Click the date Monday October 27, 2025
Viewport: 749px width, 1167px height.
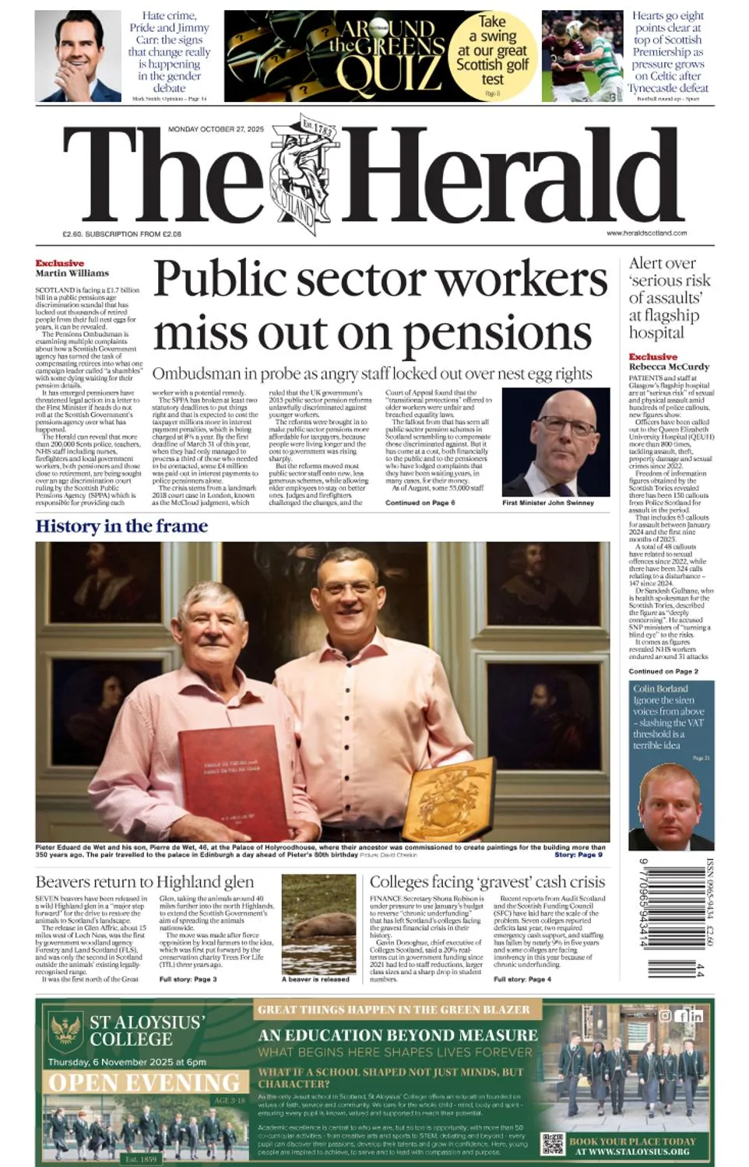[216, 129]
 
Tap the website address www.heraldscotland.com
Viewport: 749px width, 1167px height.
[646, 233]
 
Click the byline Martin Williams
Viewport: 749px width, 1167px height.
[72, 273]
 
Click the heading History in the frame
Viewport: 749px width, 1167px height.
[121, 526]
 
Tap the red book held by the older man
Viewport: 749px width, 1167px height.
[233, 779]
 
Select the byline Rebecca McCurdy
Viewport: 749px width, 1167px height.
[669, 366]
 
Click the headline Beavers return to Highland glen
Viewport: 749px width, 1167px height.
[144, 881]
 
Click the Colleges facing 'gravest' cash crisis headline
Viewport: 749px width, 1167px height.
[487, 881]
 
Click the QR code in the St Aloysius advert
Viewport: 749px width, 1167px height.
[552, 1144]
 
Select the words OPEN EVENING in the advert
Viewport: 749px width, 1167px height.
[144, 1083]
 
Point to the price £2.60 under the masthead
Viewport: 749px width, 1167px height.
[72, 233]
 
